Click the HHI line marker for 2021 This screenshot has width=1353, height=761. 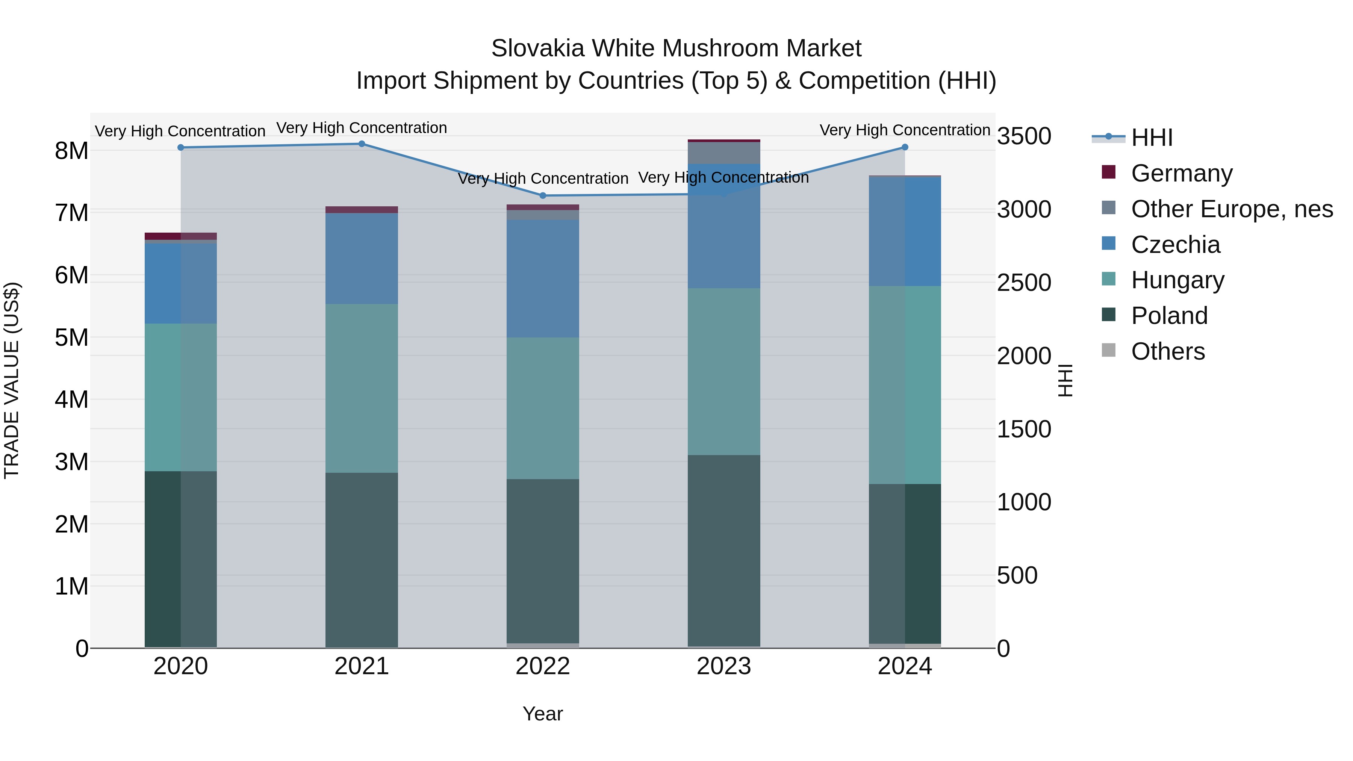[x=361, y=144]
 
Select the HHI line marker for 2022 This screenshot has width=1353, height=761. [x=543, y=196]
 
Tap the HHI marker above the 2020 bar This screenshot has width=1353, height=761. [x=181, y=148]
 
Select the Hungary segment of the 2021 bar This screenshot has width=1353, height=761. [x=361, y=388]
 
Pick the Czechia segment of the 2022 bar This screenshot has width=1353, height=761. [x=543, y=278]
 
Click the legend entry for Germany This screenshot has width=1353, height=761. [x=1181, y=173]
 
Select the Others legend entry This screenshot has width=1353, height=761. [x=1168, y=351]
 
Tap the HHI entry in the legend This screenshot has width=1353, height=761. [x=1151, y=138]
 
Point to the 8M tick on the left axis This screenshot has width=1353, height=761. [x=71, y=151]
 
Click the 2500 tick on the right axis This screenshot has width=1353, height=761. [x=1024, y=283]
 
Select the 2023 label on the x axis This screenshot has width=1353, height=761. [x=724, y=666]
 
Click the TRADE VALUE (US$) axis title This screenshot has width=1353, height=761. [x=12, y=380]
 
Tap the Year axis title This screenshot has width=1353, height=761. [x=543, y=714]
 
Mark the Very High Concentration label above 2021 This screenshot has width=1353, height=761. [x=361, y=128]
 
